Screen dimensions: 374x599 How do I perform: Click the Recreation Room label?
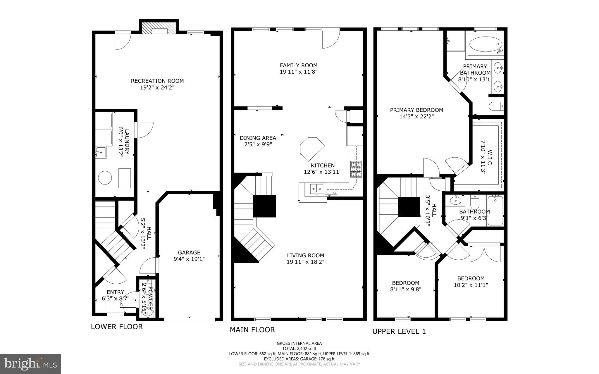pyautogui.click(x=157, y=81)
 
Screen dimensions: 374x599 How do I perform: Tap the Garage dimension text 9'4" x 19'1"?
pyautogui.click(x=189, y=259)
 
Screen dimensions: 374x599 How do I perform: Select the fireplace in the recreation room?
pyautogui.click(x=159, y=28)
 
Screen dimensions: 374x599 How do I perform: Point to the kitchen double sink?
pyautogui.click(x=316, y=189)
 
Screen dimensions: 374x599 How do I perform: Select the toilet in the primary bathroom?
pyautogui.click(x=496, y=106)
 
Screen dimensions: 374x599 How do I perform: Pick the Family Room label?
pyautogui.click(x=298, y=66)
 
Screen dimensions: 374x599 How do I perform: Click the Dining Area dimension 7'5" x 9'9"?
pyautogui.click(x=258, y=144)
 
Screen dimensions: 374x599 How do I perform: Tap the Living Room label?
pyautogui.click(x=305, y=255)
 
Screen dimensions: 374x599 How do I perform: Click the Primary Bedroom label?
pyautogui.click(x=416, y=110)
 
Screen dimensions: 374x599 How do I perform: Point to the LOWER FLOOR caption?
pyautogui.click(x=117, y=327)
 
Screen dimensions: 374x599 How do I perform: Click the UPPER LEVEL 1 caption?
pyautogui.click(x=399, y=331)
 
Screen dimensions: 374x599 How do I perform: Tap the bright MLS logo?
pyautogui.click(x=30, y=364)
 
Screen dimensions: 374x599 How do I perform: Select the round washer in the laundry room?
pyautogui.click(x=105, y=177)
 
